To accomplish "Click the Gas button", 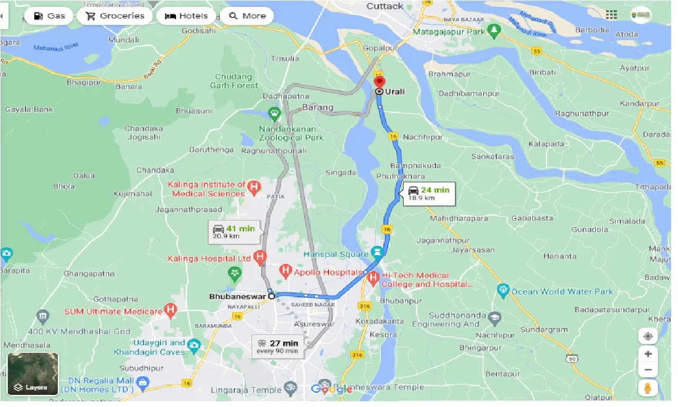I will tap(49, 16).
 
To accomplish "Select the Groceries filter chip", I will tap(115, 16).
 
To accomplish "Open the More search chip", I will tap(247, 16).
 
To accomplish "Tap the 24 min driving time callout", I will tap(429, 193).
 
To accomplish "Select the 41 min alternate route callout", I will tap(234, 232).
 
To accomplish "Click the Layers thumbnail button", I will tap(33, 374).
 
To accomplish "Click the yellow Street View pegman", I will tap(648, 388).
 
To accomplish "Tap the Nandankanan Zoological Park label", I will tap(287, 133).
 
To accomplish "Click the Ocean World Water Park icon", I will tap(503, 290).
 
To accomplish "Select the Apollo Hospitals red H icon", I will tap(286, 272).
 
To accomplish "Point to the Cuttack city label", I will tap(385, 6).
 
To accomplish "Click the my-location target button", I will tap(648, 336).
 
